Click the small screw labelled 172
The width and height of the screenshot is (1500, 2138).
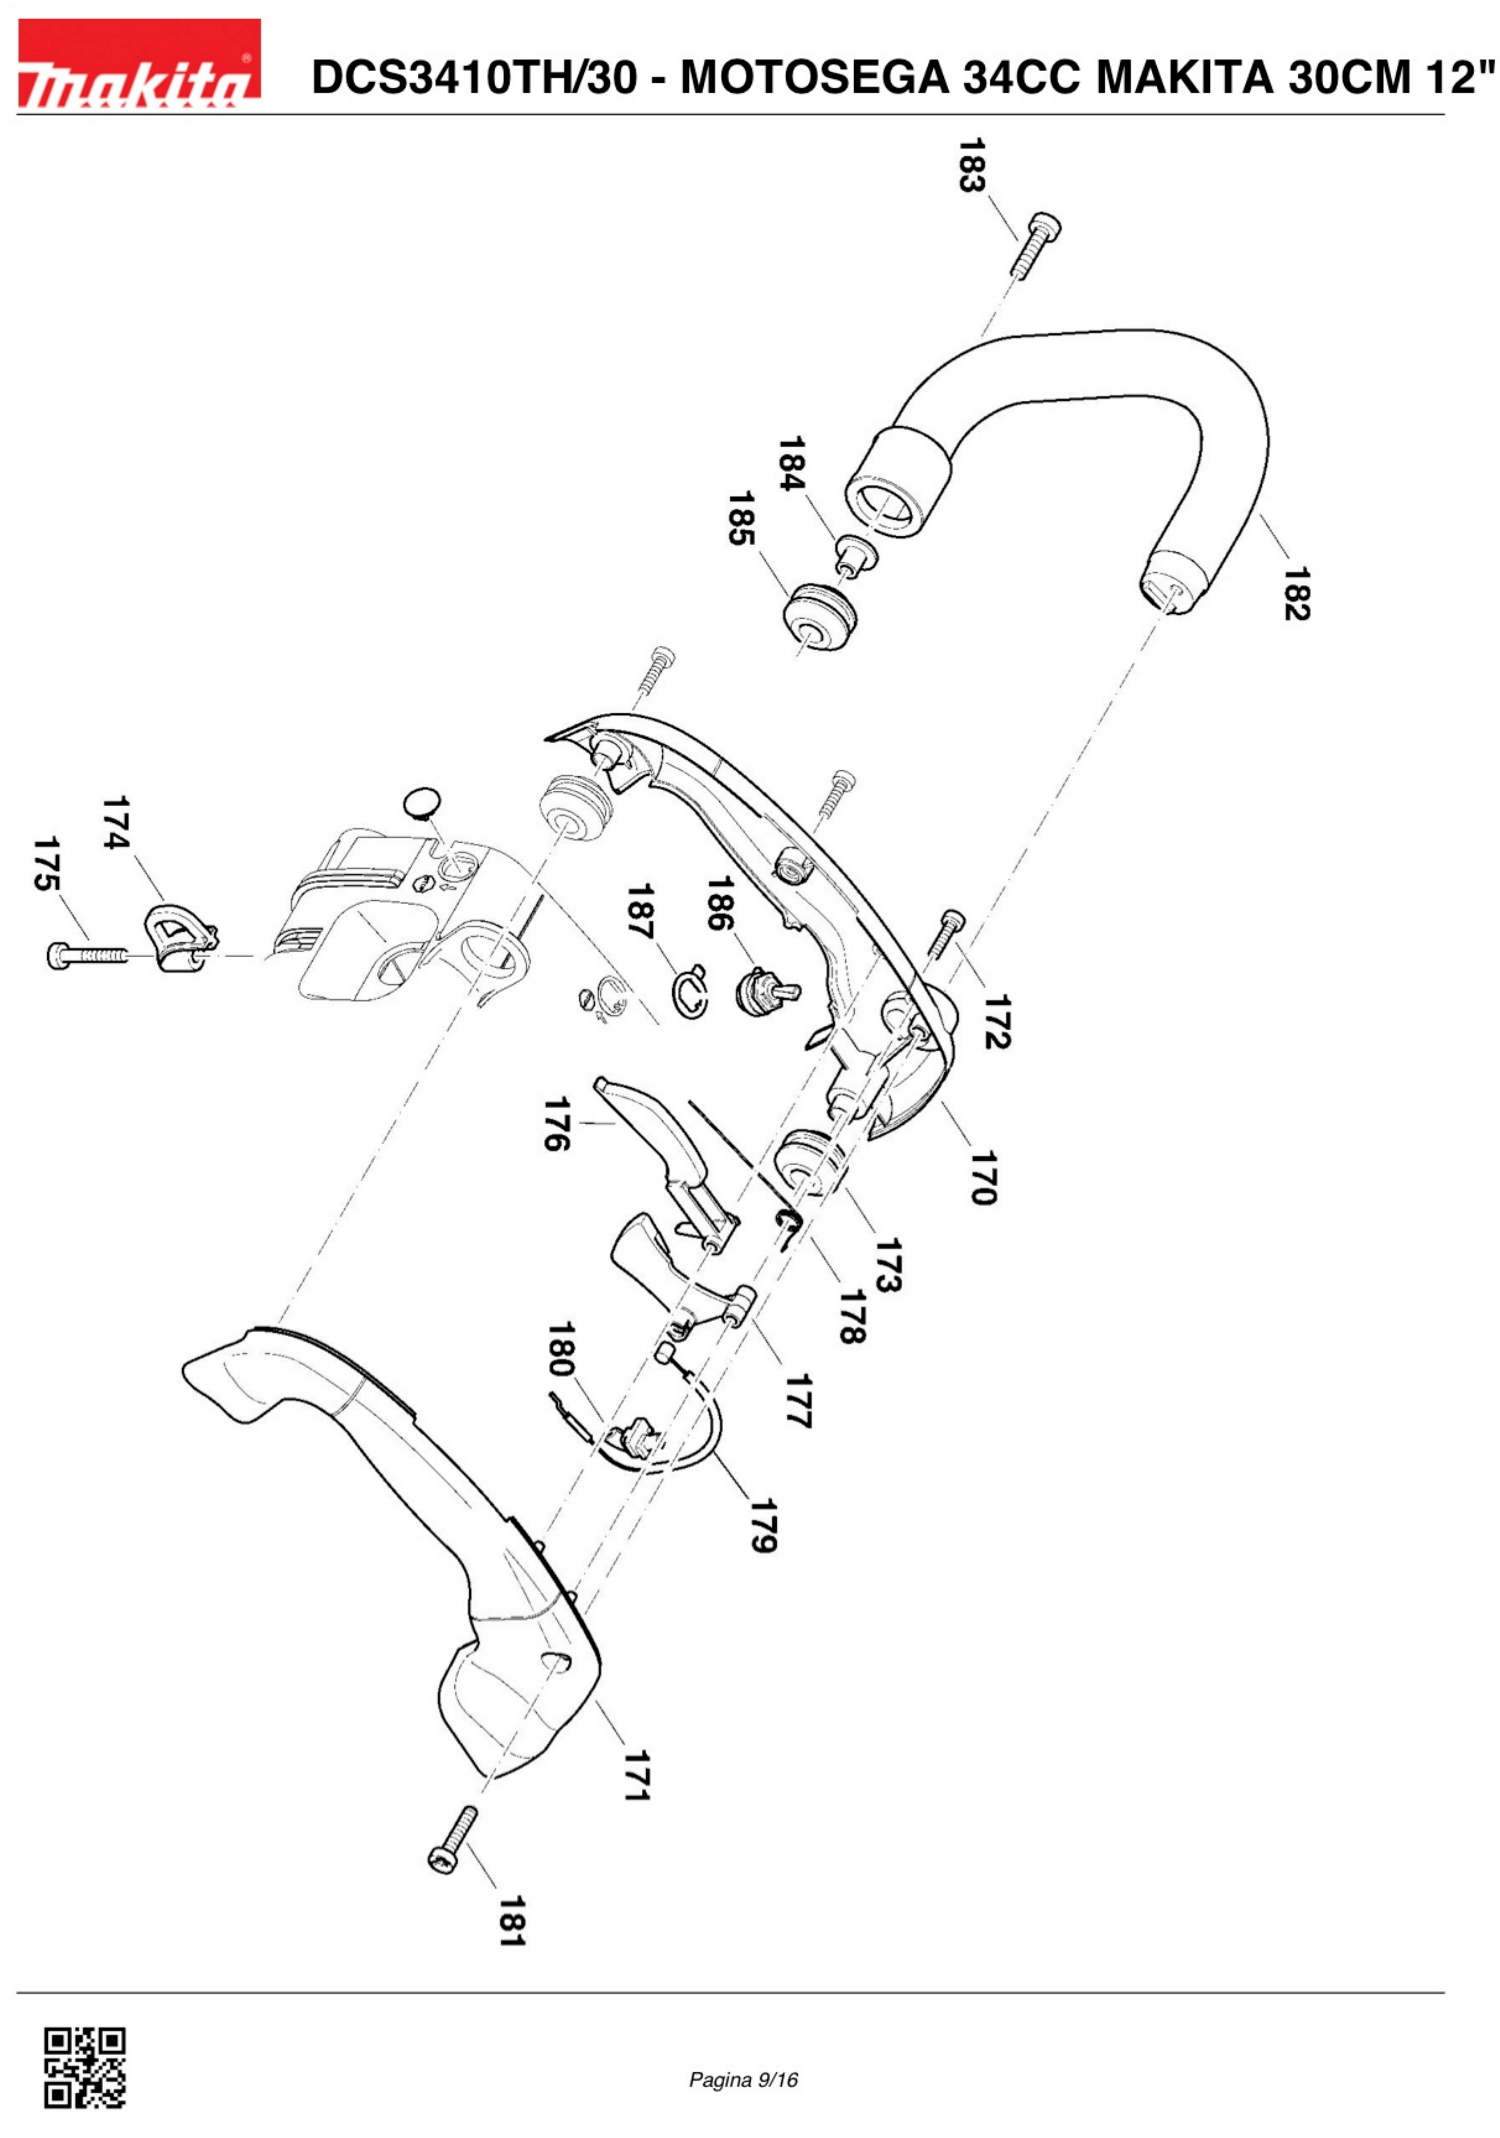coord(947,932)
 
